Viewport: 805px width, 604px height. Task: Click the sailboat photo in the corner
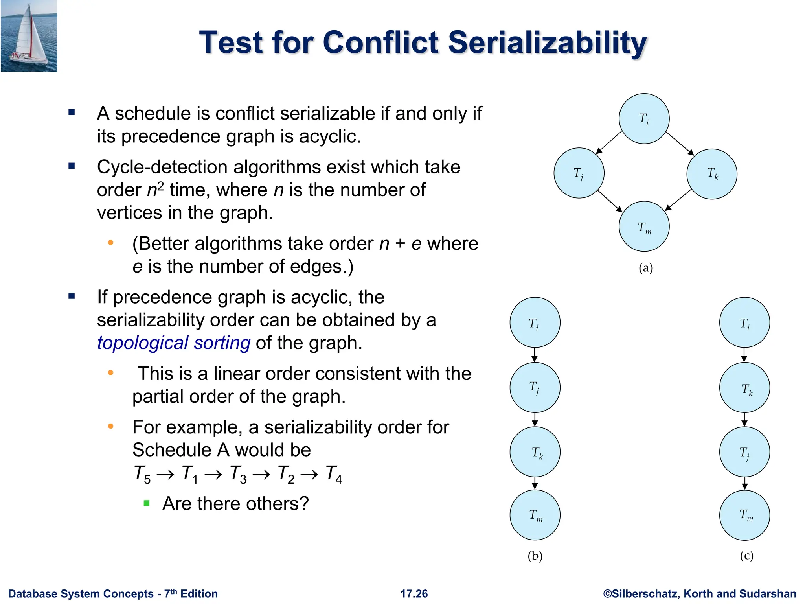coord(29,36)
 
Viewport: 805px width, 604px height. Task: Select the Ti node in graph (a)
coord(644,119)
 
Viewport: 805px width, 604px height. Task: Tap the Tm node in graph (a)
coord(644,227)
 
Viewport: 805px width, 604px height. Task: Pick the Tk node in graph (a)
coord(712,174)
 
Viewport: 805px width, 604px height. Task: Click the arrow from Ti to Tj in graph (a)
coord(609,142)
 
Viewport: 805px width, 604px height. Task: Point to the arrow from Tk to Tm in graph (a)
coord(678,200)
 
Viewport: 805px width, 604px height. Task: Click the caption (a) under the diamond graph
coord(645,268)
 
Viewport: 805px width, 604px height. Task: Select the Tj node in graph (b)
coord(535,387)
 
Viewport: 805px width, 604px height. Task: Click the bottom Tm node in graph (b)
coord(535,515)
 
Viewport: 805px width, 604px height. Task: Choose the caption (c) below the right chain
coord(746,556)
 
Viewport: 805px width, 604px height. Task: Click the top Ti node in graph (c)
coord(744,322)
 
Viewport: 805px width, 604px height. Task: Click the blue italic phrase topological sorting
coord(173,343)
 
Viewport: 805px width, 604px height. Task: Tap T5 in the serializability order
coord(142,474)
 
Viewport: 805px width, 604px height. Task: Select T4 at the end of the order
coord(334,474)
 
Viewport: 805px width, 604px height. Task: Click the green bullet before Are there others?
coord(147,503)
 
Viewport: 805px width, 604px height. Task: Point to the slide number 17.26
coord(414,593)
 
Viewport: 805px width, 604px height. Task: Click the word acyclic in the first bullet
coord(329,136)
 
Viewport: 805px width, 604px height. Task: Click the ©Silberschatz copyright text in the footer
coord(699,593)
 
